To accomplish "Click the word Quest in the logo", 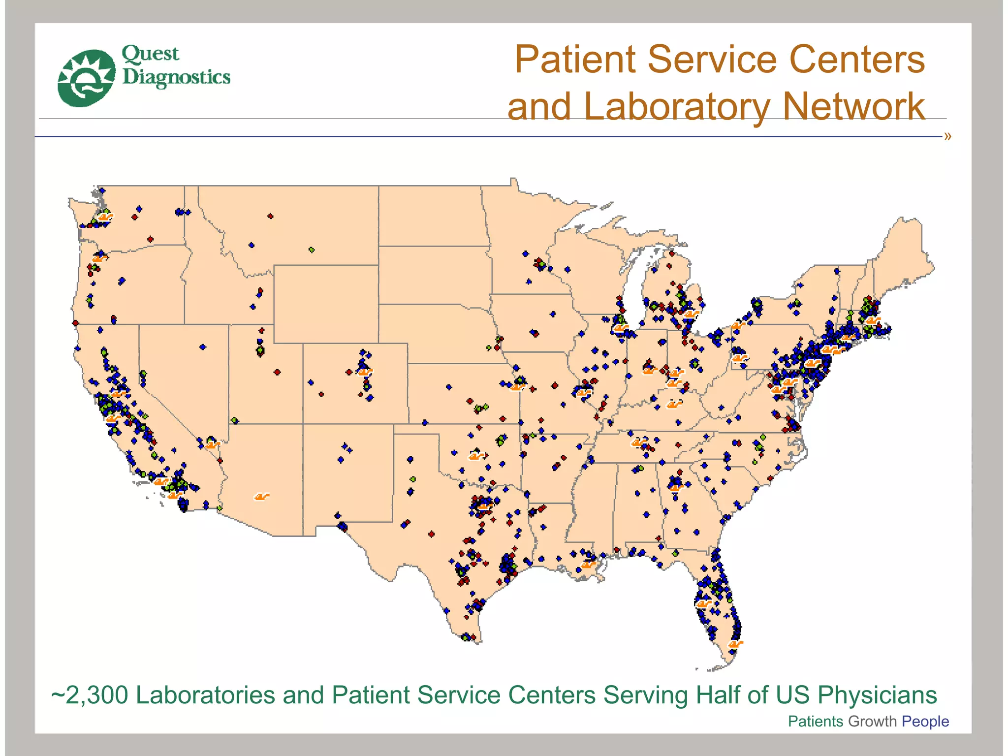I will [x=150, y=54].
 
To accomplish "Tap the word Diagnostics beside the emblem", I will [x=176, y=77].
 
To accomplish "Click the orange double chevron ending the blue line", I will [x=947, y=136].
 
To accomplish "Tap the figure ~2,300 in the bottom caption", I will [x=90, y=695].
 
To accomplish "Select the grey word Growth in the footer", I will [x=872, y=721].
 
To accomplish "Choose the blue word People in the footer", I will [x=925, y=721].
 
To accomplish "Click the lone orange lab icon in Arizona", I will [x=261, y=497].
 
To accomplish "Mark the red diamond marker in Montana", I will [x=270, y=216].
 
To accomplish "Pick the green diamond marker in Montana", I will [x=312, y=250].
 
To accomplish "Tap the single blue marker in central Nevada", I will [x=203, y=347].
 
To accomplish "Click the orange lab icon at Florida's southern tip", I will [x=735, y=644].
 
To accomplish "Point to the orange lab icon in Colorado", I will [x=365, y=372].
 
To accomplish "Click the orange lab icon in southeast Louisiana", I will [x=589, y=564].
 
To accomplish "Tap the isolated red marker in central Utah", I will [x=277, y=372].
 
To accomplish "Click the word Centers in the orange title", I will [x=857, y=60].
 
